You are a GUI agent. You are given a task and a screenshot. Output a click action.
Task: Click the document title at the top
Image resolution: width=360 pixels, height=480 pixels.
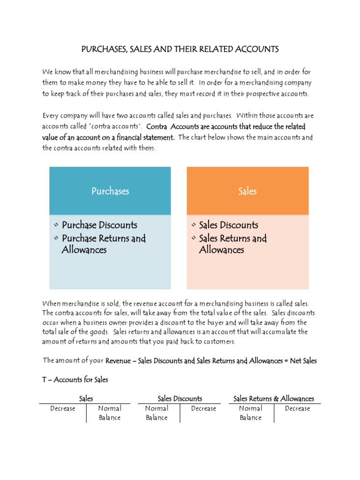pos(180,49)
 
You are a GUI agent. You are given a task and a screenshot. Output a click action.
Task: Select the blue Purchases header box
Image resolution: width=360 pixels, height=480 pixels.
pos(110,191)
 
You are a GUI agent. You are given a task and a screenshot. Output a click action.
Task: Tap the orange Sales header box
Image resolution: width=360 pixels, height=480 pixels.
pos(247,191)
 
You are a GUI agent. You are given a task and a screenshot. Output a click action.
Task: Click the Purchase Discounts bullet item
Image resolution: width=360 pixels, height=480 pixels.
pos(99,225)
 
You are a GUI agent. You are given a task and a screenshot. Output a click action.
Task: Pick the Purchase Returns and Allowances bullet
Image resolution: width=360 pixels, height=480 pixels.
pos(103,244)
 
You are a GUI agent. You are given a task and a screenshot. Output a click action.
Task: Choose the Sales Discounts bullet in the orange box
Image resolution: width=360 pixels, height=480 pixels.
pos(228,225)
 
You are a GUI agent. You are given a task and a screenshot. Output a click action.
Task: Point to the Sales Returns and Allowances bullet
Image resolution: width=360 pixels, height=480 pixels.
pos(232,244)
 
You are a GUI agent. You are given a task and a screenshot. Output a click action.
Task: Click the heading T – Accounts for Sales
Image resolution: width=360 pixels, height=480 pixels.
pos(75,380)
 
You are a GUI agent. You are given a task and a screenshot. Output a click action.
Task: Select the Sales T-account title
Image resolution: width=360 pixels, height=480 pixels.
pos(86,398)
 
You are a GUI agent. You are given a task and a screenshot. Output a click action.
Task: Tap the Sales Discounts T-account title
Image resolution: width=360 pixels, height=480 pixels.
pos(180,398)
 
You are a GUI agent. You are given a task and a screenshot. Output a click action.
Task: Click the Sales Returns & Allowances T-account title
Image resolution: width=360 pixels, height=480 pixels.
pos(274,398)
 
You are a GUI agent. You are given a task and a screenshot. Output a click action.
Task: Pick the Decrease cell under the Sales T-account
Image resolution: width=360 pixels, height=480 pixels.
pos(63,409)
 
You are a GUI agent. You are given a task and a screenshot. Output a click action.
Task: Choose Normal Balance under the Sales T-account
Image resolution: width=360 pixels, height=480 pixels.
pos(110,413)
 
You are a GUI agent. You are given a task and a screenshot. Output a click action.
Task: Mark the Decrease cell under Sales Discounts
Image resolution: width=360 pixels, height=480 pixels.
pos(203,409)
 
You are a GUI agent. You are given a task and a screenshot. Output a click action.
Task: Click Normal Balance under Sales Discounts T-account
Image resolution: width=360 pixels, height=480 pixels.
pos(157,413)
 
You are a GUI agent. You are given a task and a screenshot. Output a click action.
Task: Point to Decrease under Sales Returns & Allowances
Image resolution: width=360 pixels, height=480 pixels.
pos(297,409)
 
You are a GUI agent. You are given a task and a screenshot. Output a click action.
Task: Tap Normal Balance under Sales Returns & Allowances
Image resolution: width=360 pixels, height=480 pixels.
pos(250,413)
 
